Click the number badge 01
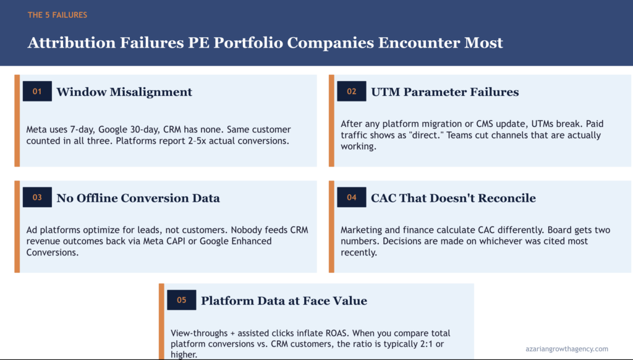(37, 92)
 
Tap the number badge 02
(352, 92)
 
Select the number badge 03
(37, 197)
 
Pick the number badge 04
(352, 197)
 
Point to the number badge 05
(181, 300)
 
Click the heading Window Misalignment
(124, 92)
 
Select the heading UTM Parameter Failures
(444, 92)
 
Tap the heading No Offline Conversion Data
(138, 198)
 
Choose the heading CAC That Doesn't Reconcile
(453, 198)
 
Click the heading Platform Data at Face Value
(284, 301)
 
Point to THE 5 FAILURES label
(57, 15)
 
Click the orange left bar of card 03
(17, 226)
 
